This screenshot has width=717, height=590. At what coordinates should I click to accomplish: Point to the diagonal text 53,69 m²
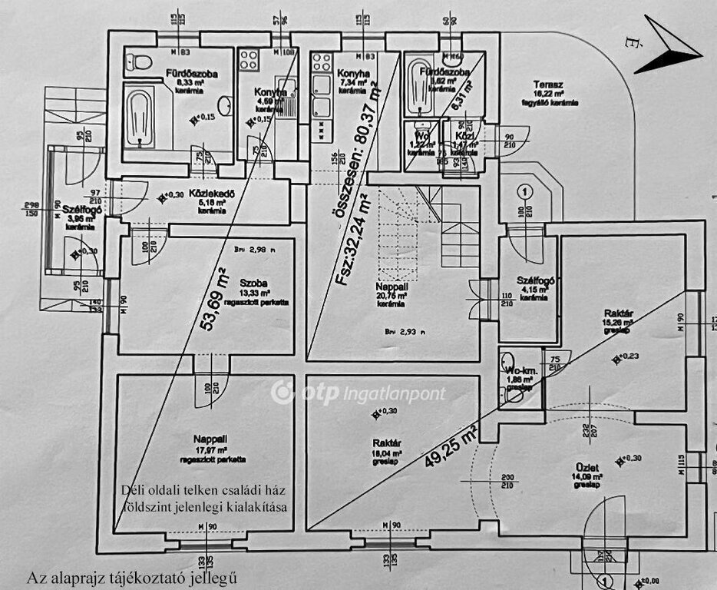pos(216,300)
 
